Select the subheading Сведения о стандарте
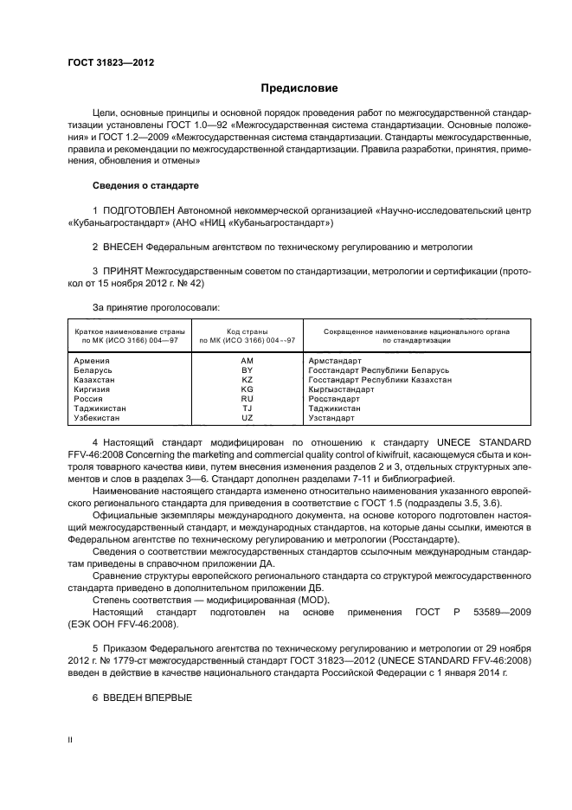click(x=145, y=186)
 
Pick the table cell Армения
click(x=92, y=360)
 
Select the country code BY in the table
click(x=247, y=370)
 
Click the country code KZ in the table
click(x=247, y=379)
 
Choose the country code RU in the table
click(x=247, y=399)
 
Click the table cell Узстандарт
click(x=331, y=418)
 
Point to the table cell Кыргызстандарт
click(x=341, y=389)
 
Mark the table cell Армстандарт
click(x=333, y=360)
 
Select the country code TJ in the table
click(x=247, y=408)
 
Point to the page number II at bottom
click(x=71, y=741)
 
